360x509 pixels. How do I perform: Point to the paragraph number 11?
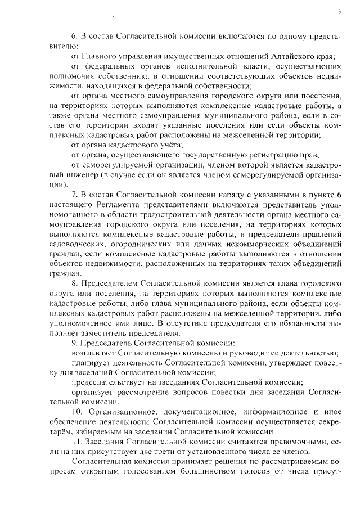(76, 442)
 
